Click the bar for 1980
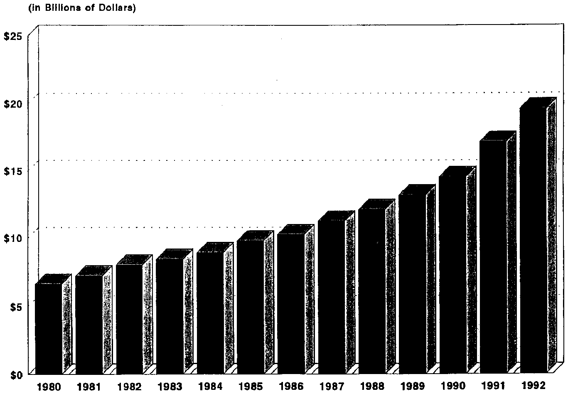point(49,328)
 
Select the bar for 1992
point(534,241)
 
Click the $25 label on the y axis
point(12,37)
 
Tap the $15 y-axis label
point(12,171)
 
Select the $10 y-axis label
point(12,238)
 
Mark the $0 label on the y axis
point(15,374)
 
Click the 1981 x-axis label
point(89,387)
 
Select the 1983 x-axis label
point(170,387)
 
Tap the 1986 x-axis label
point(291,387)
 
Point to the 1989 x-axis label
point(413,387)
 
